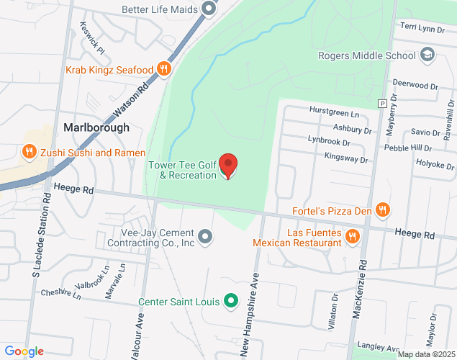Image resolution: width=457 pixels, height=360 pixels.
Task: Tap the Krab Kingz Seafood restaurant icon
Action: [x=164, y=69]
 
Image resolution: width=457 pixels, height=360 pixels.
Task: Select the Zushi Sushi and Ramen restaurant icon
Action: [x=29, y=152]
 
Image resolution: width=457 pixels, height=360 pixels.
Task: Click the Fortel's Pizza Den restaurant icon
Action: [x=383, y=210]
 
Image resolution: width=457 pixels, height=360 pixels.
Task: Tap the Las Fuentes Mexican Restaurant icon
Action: [x=352, y=235]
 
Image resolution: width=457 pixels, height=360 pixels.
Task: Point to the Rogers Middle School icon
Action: [x=427, y=55]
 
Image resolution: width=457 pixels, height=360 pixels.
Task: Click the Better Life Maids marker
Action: [x=209, y=9]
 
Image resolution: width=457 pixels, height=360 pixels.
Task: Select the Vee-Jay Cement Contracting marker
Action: [x=206, y=236]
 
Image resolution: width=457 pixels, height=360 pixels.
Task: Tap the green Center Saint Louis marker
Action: [x=230, y=301]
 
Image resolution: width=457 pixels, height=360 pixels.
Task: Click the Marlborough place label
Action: [x=96, y=127]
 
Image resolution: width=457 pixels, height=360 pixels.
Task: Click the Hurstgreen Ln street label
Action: [x=333, y=114]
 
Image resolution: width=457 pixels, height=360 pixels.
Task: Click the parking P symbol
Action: [x=381, y=103]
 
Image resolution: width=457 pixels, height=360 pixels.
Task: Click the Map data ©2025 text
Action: [x=427, y=354]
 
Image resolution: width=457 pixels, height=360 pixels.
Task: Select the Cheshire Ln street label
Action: [x=61, y=293]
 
